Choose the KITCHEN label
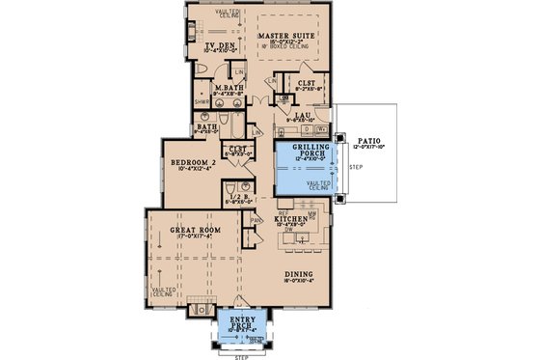click(x=290, y=220)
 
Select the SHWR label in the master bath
click(x=202, y=100)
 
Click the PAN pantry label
click(x=256, y=219)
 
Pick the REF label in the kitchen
click(x=283, y=211)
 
